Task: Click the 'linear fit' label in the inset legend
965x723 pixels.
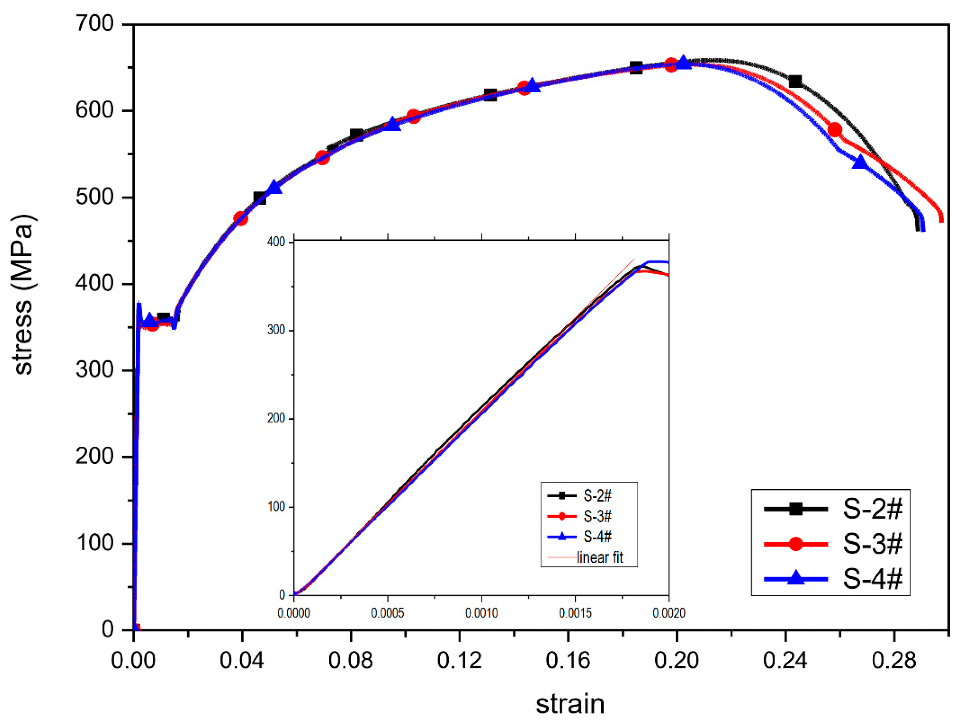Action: tap(600, 557)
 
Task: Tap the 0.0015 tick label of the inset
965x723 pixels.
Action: tap(575, 613)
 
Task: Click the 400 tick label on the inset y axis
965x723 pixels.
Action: tap(276, 242)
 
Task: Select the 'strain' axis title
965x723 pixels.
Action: tap(570, 704)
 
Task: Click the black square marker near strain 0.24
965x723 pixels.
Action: tap(795, 81)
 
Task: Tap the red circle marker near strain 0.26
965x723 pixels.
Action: tap(834, 130)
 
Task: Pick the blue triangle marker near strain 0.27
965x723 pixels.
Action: tap(860, 162)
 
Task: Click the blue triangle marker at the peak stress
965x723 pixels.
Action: tap(684, 62)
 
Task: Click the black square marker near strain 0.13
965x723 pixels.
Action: tap(490, 95)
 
